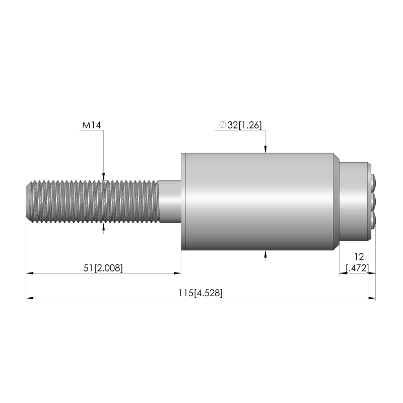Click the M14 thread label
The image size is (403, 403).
pyautogui.click(x=92, y=125)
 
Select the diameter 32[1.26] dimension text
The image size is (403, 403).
pyautogui.click(x=240, y=125)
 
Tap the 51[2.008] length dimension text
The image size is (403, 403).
pyautogui.click(x=103, y=268)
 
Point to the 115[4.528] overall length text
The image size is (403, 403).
pyautogui.click(x=200, y=293)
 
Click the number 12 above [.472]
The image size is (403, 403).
pyautogui.click(x=359, y=257)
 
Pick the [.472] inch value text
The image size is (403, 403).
pyautogui.click(x=358, y=268)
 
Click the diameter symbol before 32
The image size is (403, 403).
pyautogui.click(x=222, y=125)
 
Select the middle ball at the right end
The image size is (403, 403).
pyautogui.click(x=374, y=202)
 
